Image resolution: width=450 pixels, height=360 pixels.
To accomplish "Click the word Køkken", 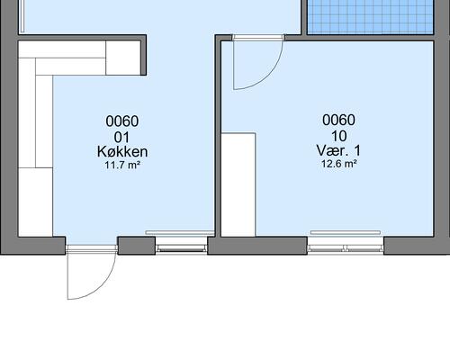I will pos(122,152).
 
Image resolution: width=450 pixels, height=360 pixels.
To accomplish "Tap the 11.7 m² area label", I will pos(122,166).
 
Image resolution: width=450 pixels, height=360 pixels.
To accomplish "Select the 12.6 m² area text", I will pos(339,164).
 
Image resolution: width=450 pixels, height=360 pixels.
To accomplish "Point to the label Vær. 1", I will pos(339,150).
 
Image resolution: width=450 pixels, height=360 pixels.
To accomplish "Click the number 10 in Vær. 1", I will pos(339,136).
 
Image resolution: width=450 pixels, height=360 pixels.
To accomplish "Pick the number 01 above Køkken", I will pos(122,137).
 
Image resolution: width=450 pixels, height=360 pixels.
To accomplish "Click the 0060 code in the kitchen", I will pos(122,121).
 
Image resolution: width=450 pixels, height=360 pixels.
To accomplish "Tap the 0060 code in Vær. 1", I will pos(339,120).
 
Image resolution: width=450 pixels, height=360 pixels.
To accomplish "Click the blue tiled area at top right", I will pos(368,16).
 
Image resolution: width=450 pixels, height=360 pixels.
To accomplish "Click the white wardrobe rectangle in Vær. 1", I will pos(238,184).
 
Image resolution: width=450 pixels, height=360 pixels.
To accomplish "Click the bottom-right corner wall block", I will pos(416,245).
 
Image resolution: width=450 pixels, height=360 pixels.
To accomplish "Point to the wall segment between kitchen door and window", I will pos(136,245).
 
